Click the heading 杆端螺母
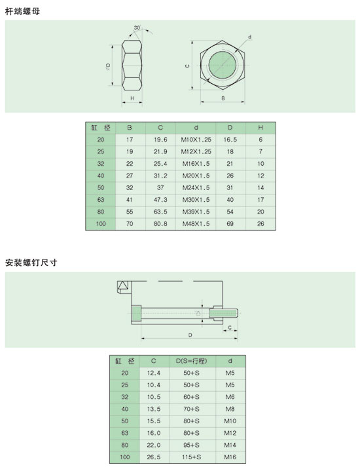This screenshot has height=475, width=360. [22, 12]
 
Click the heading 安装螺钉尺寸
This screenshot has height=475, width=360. [31, 263]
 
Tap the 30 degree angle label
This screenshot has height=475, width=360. [137, 28]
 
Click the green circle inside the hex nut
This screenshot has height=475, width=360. [223, 65]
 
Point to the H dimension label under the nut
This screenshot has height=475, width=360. [132, 98]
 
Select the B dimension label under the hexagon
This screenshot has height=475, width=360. [223, 98]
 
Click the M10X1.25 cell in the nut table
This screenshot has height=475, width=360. [196, 140]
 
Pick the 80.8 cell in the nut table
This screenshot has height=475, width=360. [160, 224]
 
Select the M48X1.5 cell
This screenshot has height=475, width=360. [196, 224]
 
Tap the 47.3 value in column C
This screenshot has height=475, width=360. [160, 200]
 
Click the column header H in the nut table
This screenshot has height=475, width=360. [261, 128]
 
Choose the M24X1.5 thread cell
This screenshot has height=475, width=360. [196, 188]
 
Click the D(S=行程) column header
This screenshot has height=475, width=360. [192, 361]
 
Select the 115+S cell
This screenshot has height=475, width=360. [192, 457]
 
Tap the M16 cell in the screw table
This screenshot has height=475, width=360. [230, 457]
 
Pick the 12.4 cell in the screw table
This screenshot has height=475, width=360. [154, 373]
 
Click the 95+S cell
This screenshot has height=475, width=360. [192, 445]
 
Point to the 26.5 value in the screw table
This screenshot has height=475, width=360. [154, 457]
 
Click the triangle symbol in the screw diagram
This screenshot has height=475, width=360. [122, 286]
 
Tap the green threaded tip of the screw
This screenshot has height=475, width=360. [224, 313]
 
